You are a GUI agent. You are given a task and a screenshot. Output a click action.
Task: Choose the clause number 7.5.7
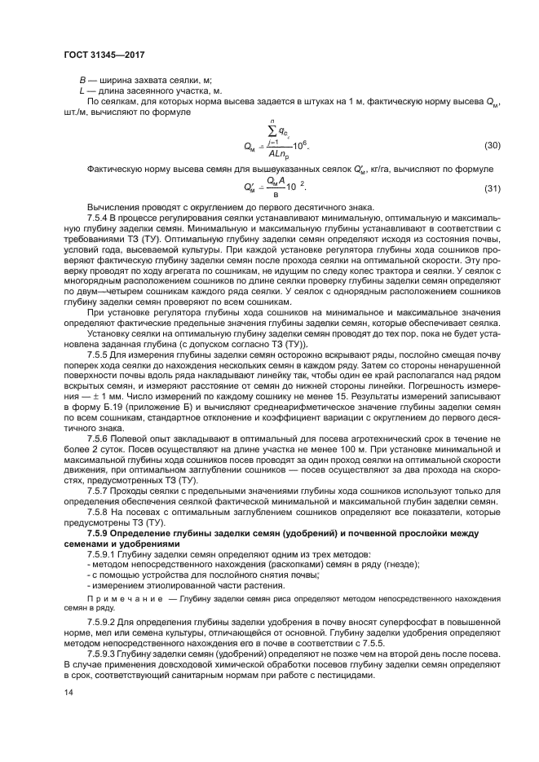98,491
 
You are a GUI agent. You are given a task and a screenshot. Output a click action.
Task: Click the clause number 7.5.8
98,513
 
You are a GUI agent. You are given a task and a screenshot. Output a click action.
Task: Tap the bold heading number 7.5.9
99,533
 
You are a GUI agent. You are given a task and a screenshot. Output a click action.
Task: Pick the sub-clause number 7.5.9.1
102,554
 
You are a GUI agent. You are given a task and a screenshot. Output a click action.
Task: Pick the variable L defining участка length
82,90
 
